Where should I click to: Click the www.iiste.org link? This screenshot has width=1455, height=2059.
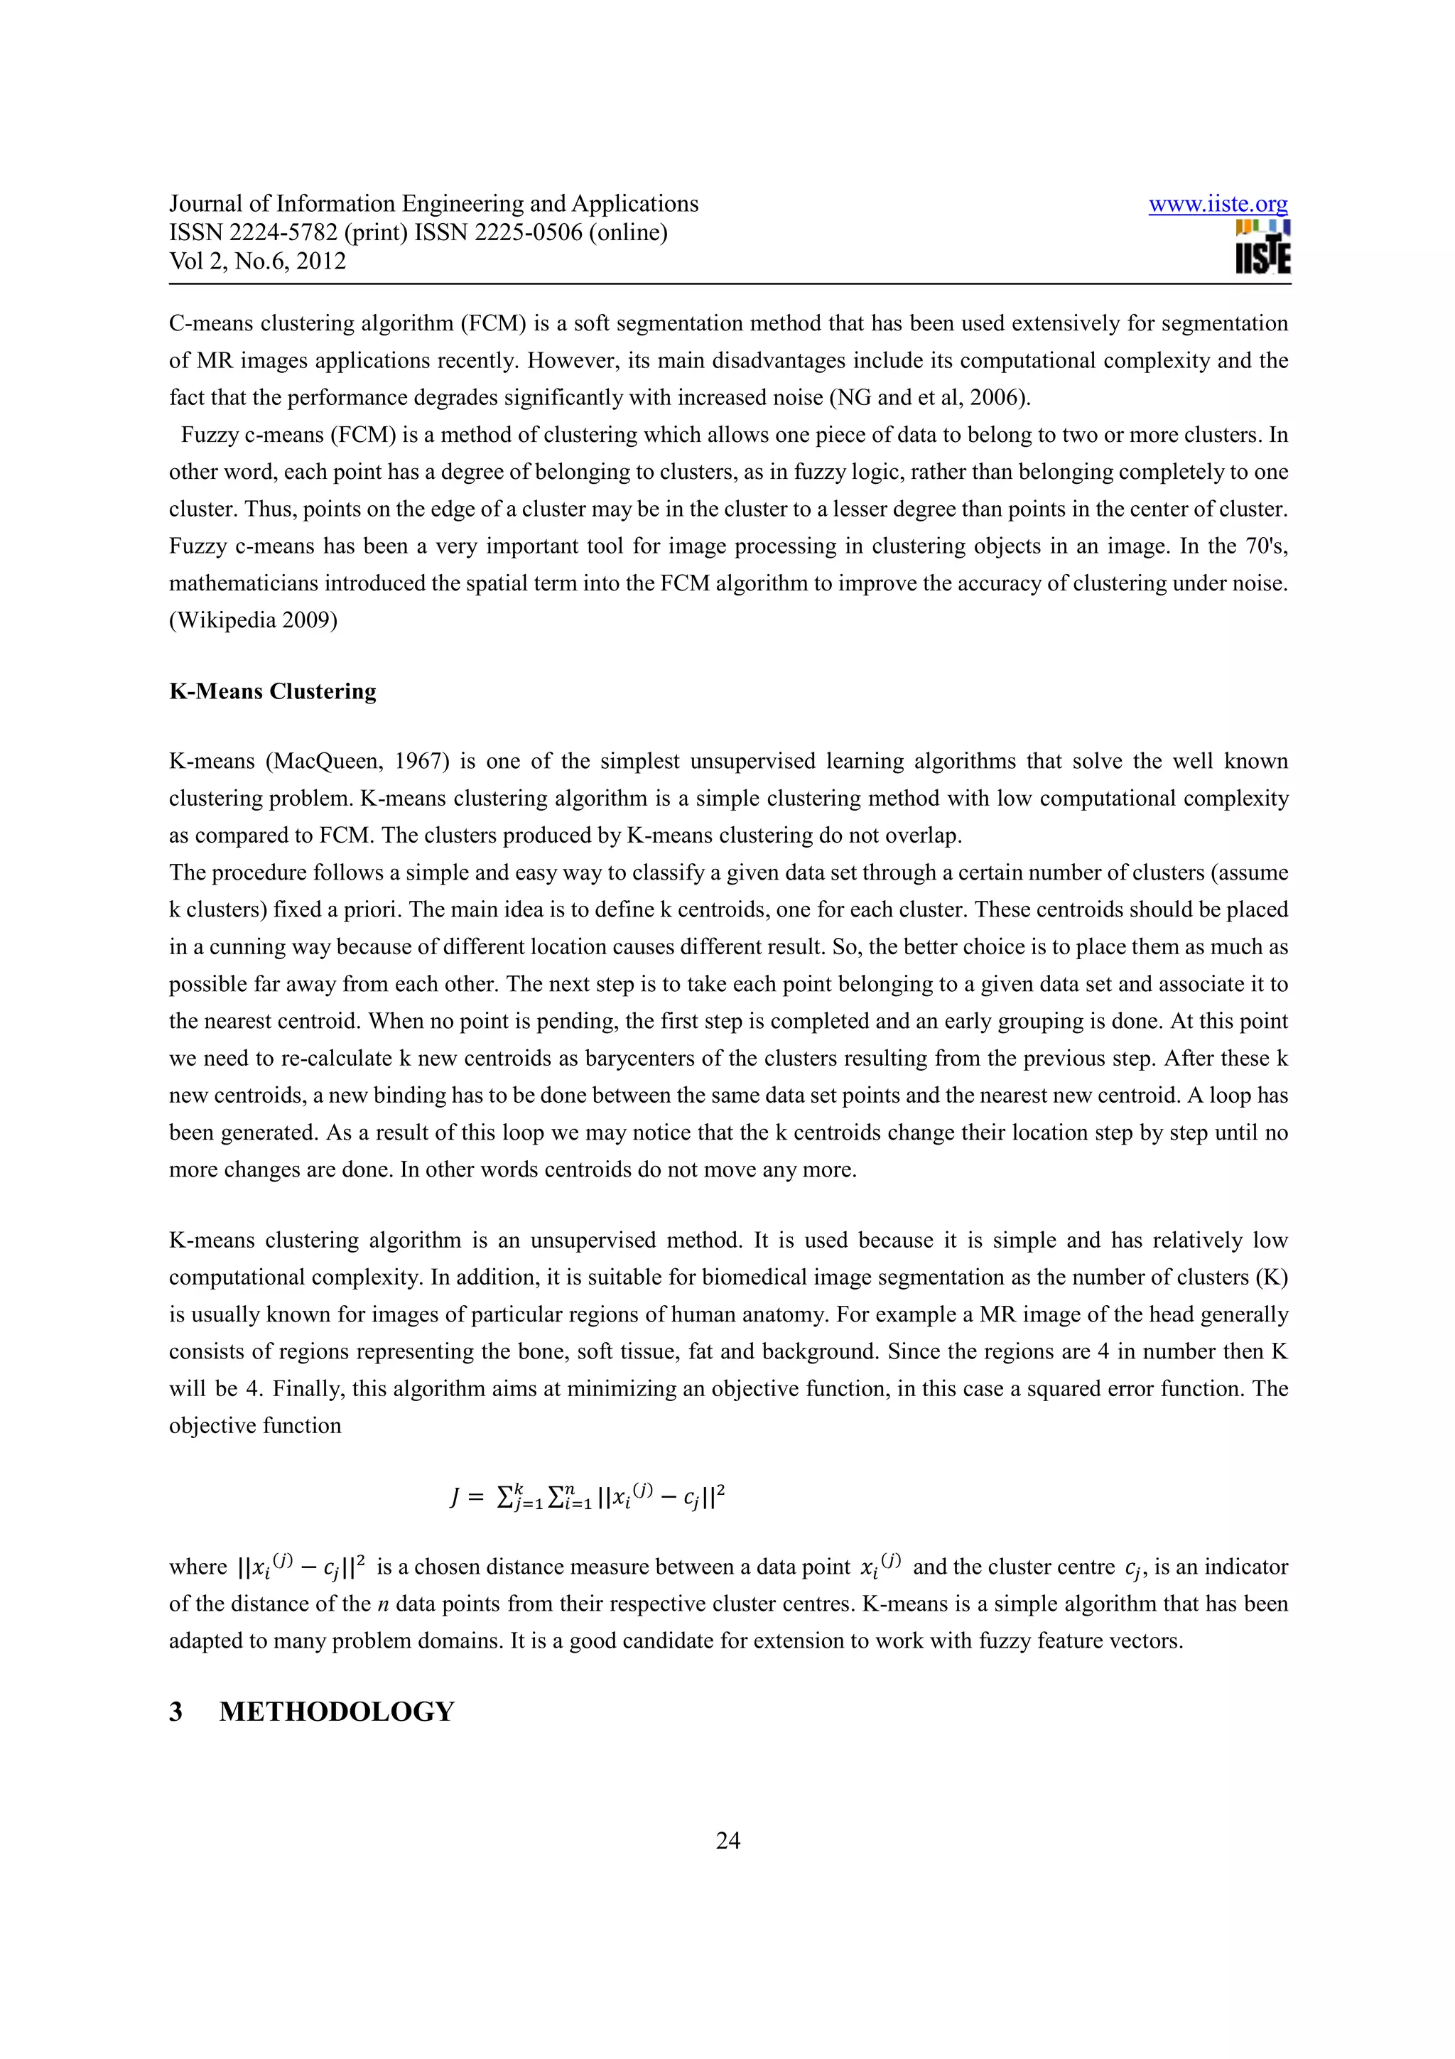pyautogui.click(x=1218, y=205)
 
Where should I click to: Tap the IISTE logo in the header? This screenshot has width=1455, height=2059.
pyautogui.click(x=1262, y=247)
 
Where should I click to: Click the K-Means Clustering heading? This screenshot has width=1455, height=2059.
pyautogui.click(x=273, y=691)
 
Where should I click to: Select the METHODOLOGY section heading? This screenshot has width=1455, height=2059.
pyautogui.click(x=337, y=1711)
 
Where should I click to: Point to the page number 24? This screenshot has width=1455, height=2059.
pyautogui.click(x=727, y=1840)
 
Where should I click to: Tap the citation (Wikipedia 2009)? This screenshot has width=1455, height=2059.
pyautogui.click(x=253, y=620)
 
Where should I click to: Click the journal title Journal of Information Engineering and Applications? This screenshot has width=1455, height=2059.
pyautogui.click(x=434, y=205)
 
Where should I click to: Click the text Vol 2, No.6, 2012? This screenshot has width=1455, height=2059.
pyautogui.click(x=257, y=261)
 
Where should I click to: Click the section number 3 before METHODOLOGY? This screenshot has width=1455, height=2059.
pyautogui.click(x=175, y=1711)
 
